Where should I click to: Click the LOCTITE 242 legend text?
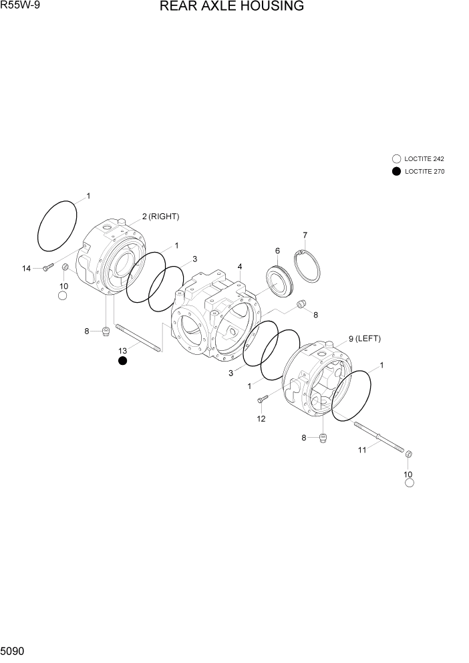coord(424,159)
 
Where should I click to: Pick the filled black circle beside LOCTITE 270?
coord(396,171)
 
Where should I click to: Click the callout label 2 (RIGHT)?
coord(160,217)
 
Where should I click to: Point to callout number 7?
coord(305,235)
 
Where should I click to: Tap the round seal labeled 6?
coord(280,281)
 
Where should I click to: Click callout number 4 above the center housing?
coord(239,267)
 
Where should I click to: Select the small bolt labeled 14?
coord(47,267)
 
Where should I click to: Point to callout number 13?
coord(122,350)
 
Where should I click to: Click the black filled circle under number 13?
coord(122,362)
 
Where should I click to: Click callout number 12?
coord(261,419)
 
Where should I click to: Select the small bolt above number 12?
coord(262,400)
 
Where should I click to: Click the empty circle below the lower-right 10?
coord(410,483)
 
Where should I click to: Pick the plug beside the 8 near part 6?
coord(301,305)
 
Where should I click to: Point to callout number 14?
coord(27,268)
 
